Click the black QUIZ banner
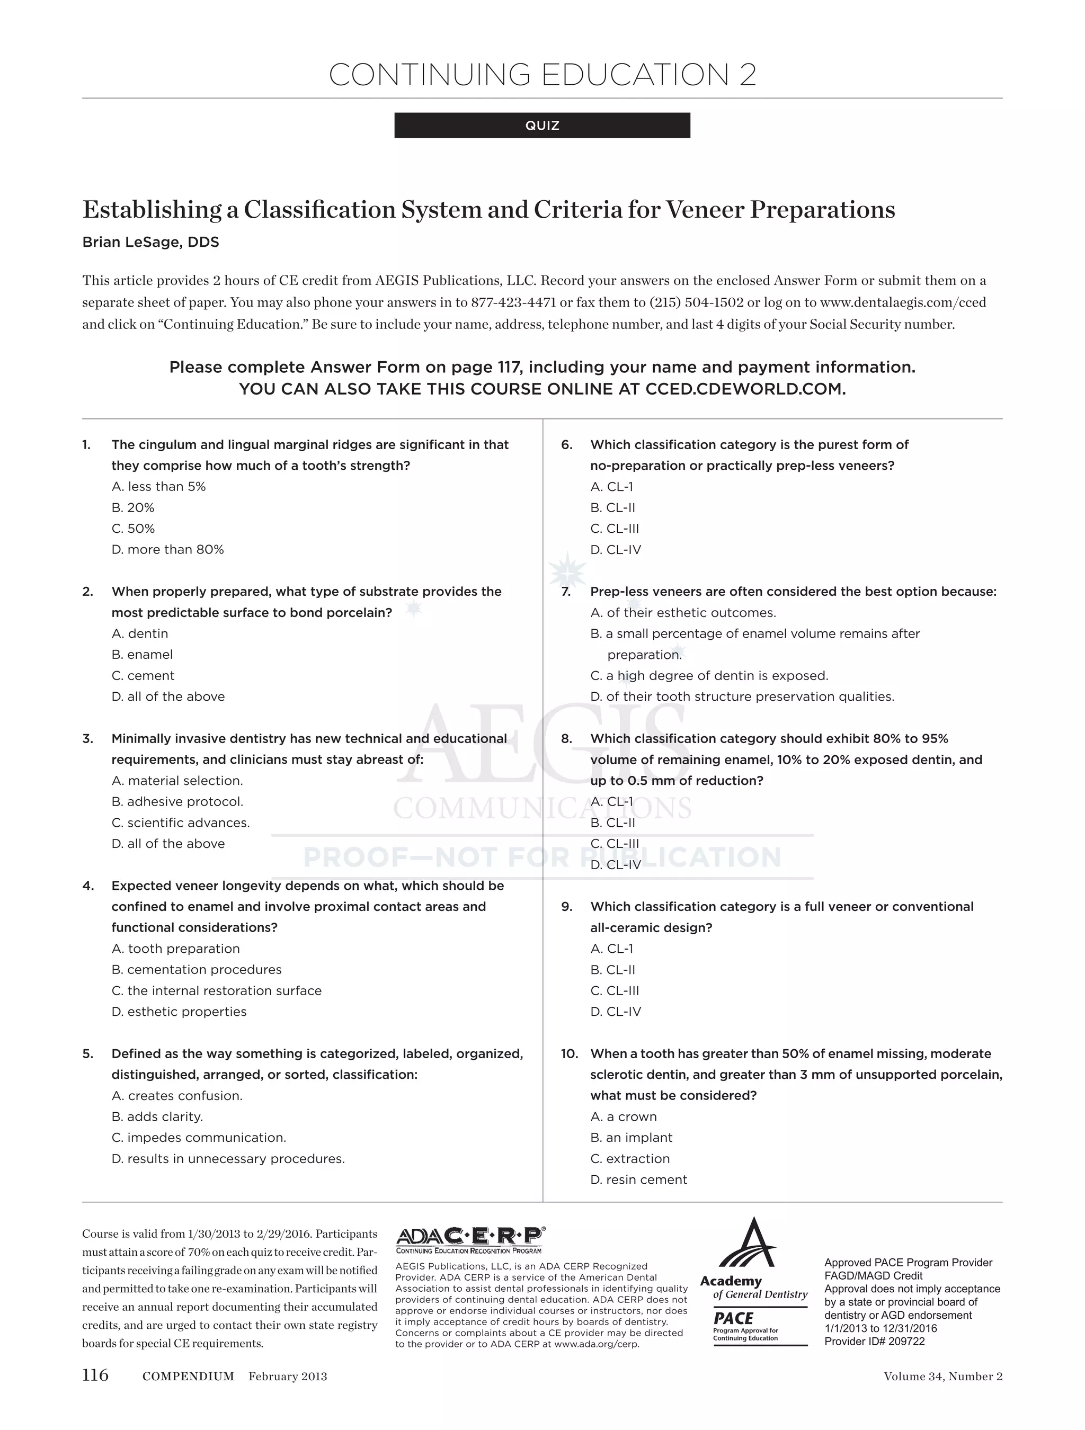click(542, 126)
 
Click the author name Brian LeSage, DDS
click(150, 243)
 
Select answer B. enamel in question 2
click(143, 654)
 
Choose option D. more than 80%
click(167, 550)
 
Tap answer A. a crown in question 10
click(624, 1116)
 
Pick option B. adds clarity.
click(157, 1116)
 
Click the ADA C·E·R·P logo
click(469, 1237)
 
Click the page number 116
click(95, 1374)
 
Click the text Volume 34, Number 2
click(942, 1375)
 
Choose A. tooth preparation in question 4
click(175, 949)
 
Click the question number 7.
click(566, 592)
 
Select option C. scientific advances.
click(181, 823)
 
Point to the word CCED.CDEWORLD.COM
click(745, 389)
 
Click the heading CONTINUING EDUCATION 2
click(542, 75)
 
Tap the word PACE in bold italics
click(733, 1318)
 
